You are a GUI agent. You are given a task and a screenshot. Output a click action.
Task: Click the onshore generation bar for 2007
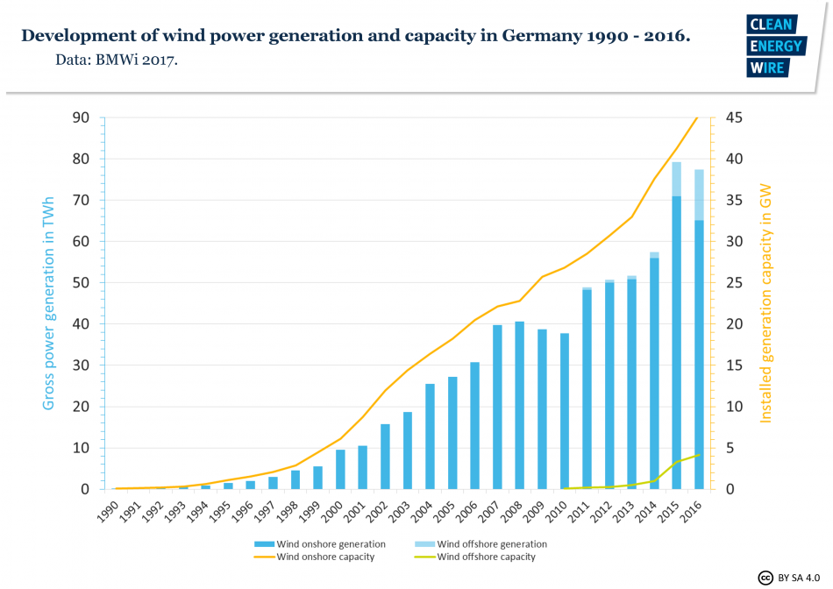coord(497,407)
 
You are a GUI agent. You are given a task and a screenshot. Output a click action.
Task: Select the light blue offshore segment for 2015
coord(677,179)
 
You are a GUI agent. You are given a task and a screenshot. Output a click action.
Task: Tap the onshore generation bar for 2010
coord(565,411)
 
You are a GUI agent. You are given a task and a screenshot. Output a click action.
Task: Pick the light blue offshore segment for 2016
coord(700,195)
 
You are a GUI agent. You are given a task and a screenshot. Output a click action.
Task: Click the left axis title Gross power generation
coord(49,303)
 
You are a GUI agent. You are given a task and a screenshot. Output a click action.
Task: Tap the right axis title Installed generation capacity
coord(765,303)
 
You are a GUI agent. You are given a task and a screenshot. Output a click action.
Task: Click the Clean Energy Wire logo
coord(774,46)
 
